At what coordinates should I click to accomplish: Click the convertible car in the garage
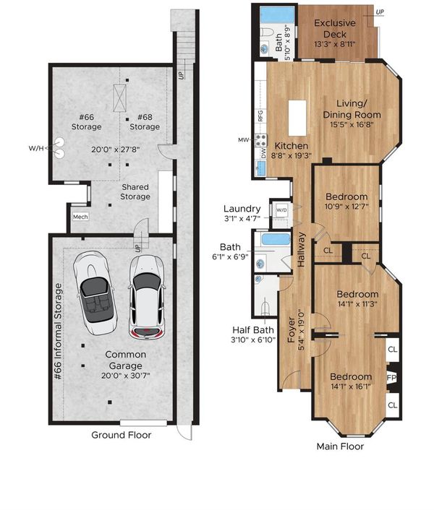(x=95, y=293)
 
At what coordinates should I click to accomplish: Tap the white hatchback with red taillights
(x=147, y=298)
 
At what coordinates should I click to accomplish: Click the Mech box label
(x=80, y=217)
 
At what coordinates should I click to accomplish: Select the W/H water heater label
(x=36, y=148)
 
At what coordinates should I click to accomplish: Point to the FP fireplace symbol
(x=392, y=378)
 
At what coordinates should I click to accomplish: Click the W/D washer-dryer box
(x=281, y=209)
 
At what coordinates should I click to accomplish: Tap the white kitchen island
(x=297, y=118)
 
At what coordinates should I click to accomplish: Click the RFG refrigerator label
(x=260, y=116)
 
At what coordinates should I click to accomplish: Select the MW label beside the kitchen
(x=243, y=140)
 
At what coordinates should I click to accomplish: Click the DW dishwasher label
(x=263, y=153)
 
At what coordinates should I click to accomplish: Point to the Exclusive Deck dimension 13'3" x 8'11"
(x=335, y=44)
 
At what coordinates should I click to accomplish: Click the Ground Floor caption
(x=121, y=435)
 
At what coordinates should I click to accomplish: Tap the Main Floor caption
(x=340, y=446)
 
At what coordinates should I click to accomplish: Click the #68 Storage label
(x=145, y=122)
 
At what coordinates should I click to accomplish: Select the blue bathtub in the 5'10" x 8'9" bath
(x=277, y=15)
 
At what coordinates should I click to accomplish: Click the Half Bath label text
(x=253, y=330)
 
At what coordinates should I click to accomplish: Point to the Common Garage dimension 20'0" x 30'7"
(x=125, y=376)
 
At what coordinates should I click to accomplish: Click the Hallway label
(x=301, y=250)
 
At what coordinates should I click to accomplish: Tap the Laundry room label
(x=242, y=209)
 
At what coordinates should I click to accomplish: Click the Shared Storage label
(x=135, y=192)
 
